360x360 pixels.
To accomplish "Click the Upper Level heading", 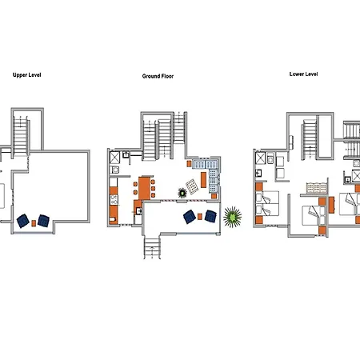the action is point(27,75).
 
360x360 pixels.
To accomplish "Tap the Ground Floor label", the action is point(158,76).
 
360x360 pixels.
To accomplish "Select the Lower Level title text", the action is point(304,74).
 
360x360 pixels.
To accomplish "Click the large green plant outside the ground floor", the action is point(233,217).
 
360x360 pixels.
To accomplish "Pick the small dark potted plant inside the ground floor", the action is point(182,193).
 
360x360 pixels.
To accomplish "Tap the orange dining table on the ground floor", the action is point(144,188).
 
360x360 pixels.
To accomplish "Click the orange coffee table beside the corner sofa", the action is point(203,180).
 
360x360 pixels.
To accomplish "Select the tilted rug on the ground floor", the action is point(192,186).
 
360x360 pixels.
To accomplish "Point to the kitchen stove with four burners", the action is point(114,200).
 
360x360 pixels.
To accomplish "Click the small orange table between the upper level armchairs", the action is point(34,223).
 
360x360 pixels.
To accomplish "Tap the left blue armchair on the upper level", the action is point(23,221).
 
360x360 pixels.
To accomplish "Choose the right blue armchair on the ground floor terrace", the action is point(210,216).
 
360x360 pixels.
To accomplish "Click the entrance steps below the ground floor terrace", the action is point(152,247).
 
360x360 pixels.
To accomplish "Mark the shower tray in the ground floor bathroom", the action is point(115,157).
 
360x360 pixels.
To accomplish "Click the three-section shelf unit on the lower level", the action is point(317,188).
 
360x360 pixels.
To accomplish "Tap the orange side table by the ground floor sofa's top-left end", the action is point(189,163).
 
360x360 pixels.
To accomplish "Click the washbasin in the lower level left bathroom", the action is point(258,174).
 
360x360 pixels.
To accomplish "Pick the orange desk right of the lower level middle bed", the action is point(331,205).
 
